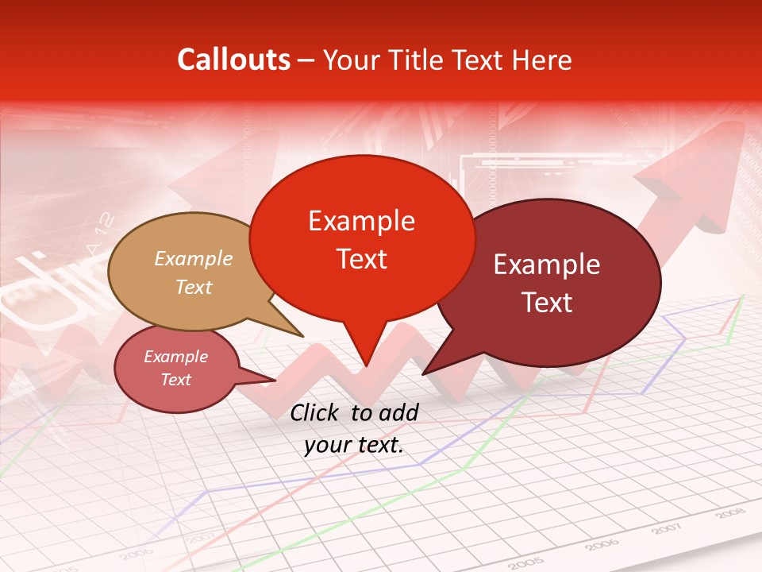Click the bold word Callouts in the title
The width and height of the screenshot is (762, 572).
coord(234,60)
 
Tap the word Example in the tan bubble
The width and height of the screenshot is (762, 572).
coord(194,258)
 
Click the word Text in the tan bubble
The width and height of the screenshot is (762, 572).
coord(194,287)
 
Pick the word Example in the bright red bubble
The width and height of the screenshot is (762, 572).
coord(361,220)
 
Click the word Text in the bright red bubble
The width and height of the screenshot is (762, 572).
coord(361,258)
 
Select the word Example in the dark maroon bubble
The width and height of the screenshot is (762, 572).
coord(547,265)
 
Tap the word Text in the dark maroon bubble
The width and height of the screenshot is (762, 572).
coord(547,303)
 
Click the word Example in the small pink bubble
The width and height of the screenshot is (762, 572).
coord(176,357)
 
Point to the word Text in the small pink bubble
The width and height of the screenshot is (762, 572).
coord(176,380)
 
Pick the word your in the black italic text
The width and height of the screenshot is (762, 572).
coord(327,446)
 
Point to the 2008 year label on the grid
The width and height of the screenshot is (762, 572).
coord(729,514)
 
